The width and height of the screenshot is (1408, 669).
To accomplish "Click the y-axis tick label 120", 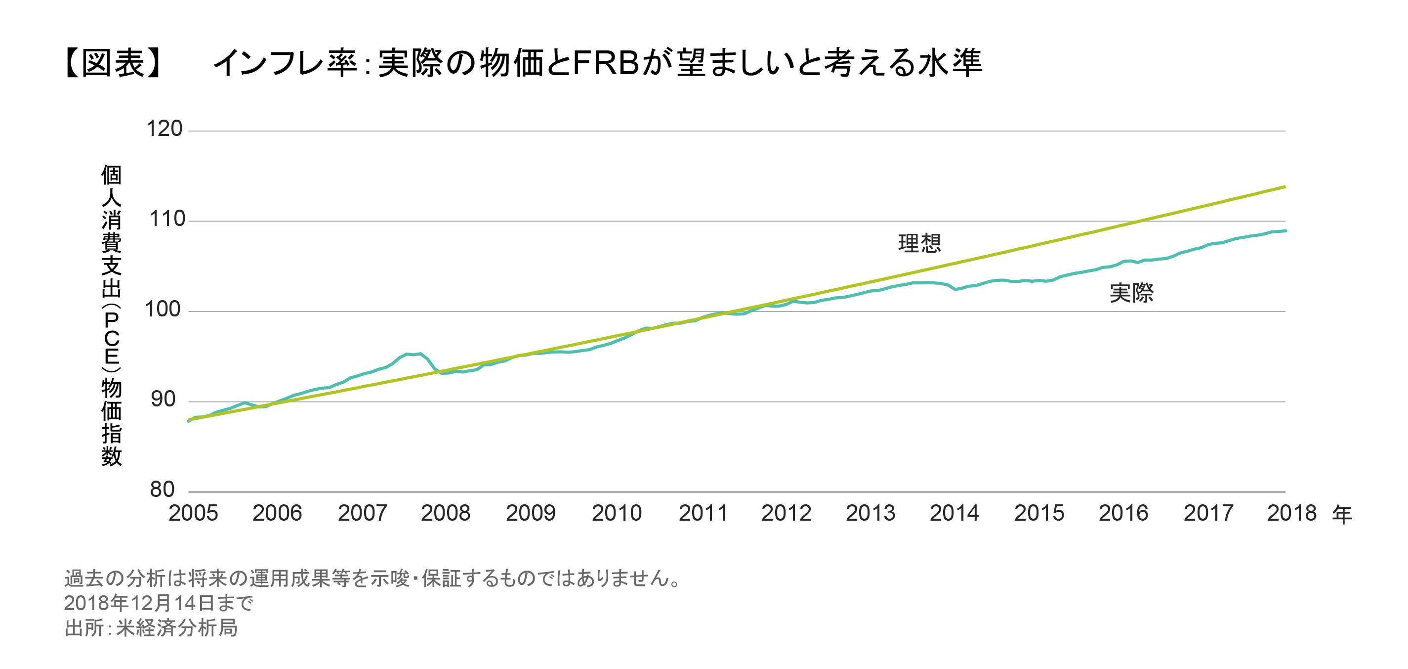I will [164, 129].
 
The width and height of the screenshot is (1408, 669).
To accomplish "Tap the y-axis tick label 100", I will [163, 310].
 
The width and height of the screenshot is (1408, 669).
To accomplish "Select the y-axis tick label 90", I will [163, 400].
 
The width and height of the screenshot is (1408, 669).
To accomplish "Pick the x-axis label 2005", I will [193, 514].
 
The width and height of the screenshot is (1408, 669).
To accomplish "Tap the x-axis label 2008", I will [446, 514].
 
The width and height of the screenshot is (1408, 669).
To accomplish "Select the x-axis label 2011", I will [703, 514].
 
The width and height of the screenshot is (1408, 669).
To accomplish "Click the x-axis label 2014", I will [954, 514].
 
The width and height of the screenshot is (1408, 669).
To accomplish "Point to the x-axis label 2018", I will [1291, 514].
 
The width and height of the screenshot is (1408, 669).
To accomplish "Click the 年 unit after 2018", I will [1342, 515].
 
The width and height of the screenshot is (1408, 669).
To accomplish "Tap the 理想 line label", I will [919, 243].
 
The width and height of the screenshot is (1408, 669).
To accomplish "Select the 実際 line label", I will [1131, 293].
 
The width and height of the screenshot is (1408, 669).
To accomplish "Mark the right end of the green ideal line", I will [1284, 187].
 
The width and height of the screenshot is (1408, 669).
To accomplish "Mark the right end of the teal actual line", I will [1285, 231].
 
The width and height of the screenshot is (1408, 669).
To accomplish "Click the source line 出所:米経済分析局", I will [151, 628].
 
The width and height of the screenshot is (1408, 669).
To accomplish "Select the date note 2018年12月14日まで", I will [159, 603].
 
